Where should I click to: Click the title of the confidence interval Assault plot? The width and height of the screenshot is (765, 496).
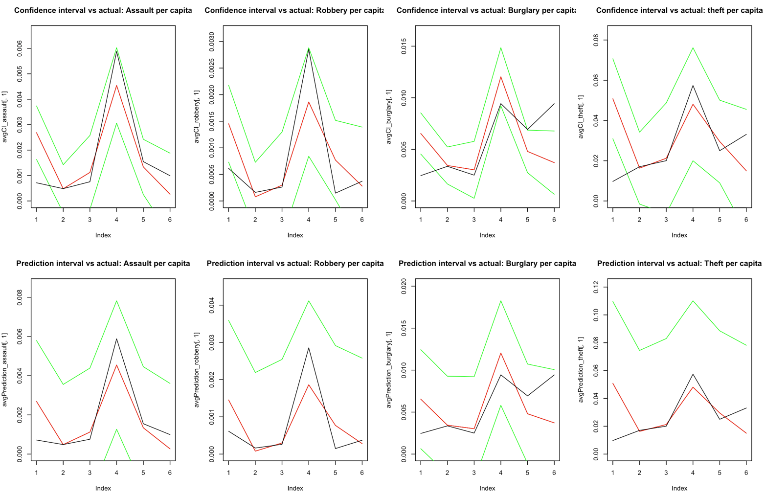[103, 10]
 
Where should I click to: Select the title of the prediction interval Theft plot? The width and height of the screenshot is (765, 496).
[679, 264]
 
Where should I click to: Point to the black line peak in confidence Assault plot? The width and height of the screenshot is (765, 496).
[116, 51]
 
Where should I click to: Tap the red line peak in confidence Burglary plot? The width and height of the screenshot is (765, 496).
[500, 77]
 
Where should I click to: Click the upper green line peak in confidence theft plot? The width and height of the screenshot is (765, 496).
[693, 47]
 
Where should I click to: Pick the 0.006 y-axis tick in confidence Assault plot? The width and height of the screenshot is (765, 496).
[20, 48]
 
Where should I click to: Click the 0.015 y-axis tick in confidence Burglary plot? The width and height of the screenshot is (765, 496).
[404, 46]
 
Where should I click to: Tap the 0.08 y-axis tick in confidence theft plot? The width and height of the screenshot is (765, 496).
[596, 40]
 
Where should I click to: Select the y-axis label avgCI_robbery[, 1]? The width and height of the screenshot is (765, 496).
[197, 116]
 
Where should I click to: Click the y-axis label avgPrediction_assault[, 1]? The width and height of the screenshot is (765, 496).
[5, 370]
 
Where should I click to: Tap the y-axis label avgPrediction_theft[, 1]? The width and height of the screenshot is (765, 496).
[581, 370]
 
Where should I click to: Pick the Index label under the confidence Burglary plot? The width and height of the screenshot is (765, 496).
[487, 235]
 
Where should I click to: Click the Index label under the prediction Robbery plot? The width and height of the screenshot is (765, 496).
[295, 488]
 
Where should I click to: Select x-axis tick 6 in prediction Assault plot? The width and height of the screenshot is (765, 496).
[170, 473]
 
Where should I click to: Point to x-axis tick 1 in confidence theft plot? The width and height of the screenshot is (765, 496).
[613, 220]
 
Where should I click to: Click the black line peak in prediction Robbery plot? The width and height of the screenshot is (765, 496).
[308, 348]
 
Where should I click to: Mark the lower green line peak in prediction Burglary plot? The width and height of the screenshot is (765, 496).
[500, 405]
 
